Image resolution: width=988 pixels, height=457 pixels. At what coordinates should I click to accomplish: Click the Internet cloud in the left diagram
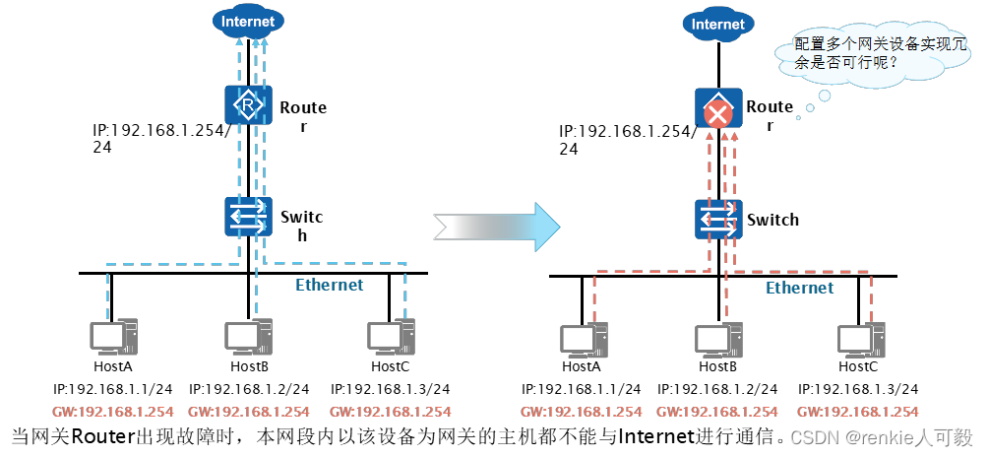click(248, 22)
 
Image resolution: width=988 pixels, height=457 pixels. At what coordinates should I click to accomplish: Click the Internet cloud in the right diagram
click(718, 24)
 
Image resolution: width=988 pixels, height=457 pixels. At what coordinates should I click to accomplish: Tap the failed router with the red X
click(717, 110)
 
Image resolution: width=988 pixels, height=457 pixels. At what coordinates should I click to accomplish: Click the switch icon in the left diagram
click(247, 216)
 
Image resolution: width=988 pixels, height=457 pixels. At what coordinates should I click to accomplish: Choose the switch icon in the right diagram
click(718, 219)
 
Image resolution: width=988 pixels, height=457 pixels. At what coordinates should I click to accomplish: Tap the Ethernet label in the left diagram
click(330, 286)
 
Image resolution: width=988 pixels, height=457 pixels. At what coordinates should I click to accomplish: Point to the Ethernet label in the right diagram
click(799, 288)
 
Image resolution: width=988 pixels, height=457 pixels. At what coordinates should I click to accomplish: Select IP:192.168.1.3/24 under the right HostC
click(858, 390)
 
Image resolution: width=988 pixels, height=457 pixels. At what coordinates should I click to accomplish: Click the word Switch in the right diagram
click(773, 220)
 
